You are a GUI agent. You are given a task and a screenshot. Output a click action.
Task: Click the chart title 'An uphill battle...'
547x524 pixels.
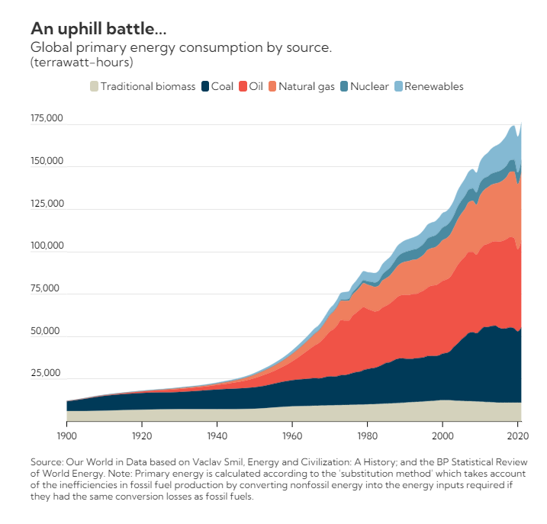click(98, 29)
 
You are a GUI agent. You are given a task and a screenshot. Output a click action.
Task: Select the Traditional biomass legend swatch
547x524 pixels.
click(94, 86)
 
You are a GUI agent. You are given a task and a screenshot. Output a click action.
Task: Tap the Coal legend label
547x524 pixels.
click(222, 86)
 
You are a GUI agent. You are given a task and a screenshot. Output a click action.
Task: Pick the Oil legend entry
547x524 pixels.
click(256, 86)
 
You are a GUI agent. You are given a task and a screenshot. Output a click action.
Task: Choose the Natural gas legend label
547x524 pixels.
click(306, 86)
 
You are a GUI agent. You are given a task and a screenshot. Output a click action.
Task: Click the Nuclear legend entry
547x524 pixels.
click(369, 86)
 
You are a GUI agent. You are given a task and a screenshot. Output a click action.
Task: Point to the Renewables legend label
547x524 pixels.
click(433, 86)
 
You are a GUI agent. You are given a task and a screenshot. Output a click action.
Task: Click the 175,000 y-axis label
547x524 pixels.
click(47, 119)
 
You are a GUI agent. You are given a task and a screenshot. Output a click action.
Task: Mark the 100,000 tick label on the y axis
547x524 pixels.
click(47, 246)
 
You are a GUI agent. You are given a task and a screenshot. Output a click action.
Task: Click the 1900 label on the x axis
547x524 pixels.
click(66, 437)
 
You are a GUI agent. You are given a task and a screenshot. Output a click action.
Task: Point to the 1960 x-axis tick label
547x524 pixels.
click(292, 437)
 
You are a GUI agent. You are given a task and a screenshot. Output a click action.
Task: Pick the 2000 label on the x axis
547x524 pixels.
click(442, 437)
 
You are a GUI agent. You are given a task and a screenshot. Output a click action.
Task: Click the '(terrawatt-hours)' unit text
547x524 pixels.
click(82, 61)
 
